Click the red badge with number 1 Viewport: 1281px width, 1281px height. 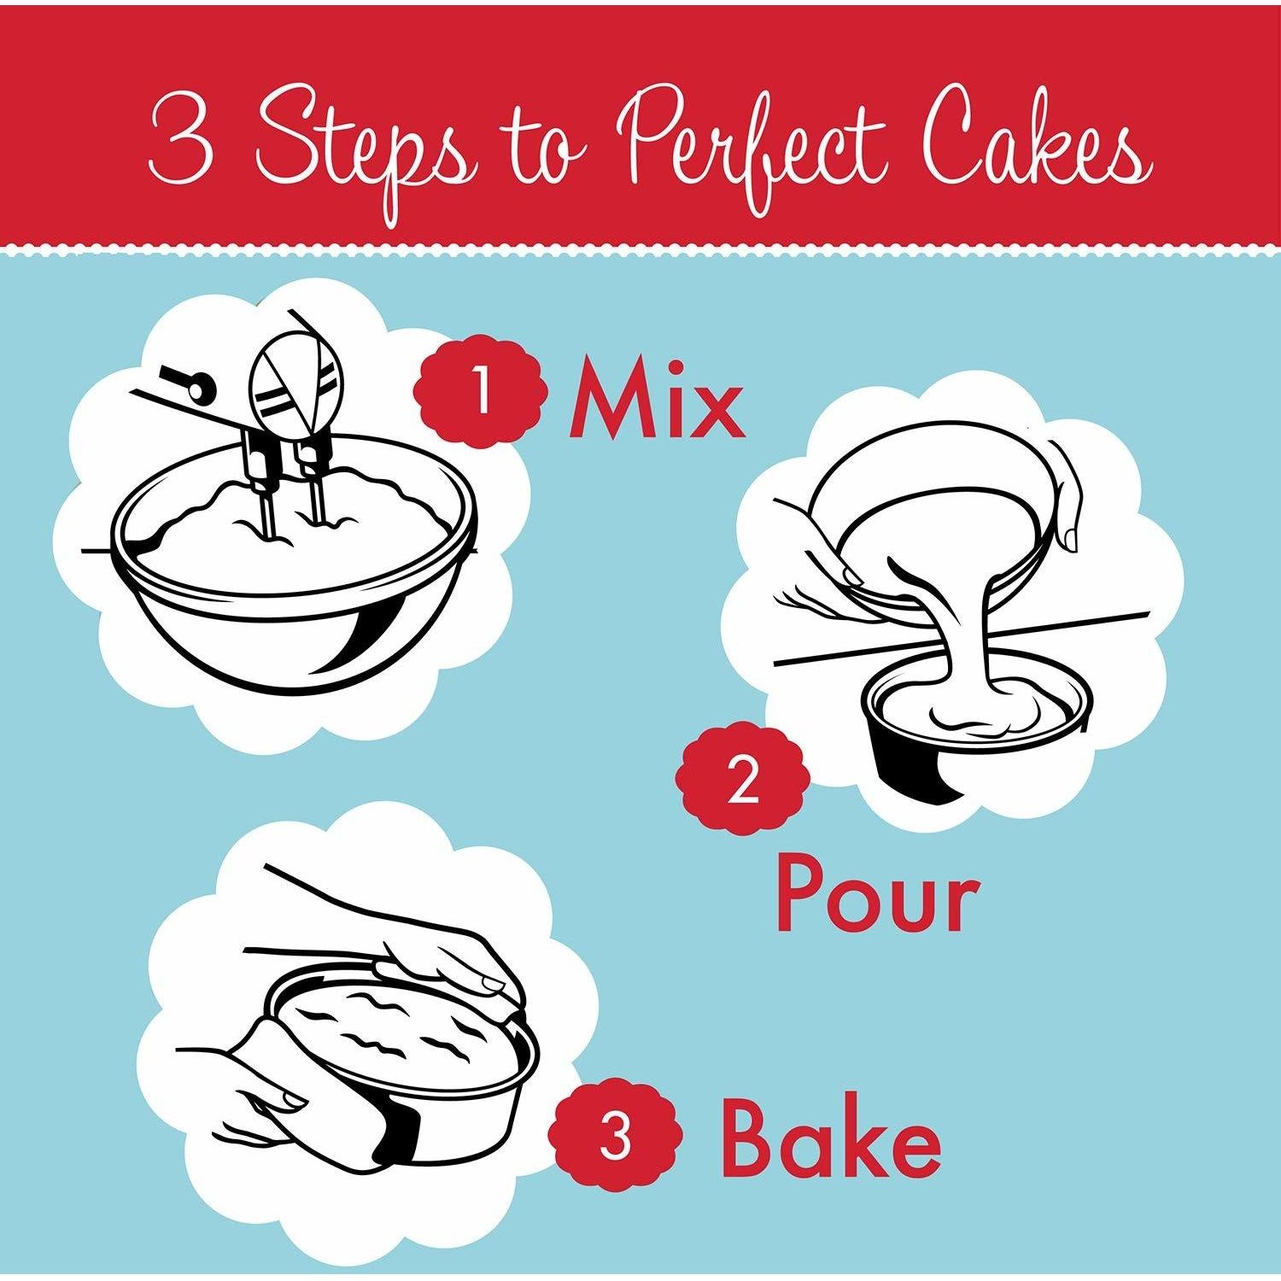pos(481,392)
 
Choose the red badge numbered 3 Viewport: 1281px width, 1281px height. pos(616,1135)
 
